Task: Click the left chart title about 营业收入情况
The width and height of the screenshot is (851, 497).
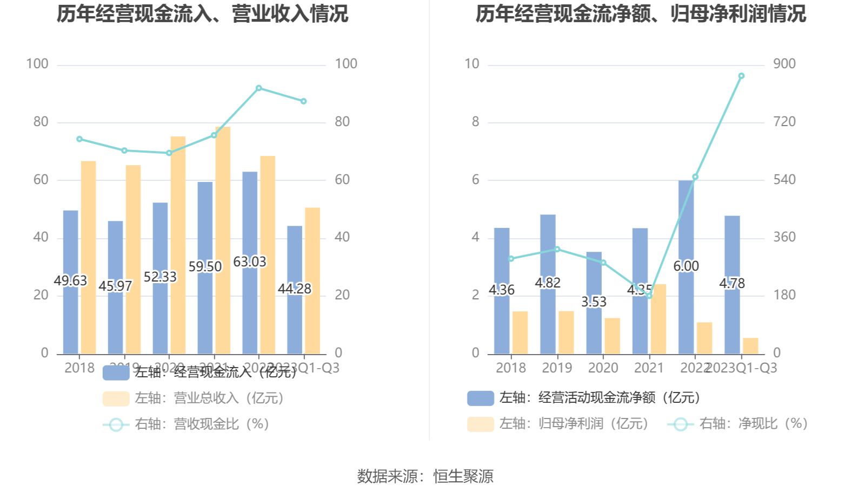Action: pos(202,14)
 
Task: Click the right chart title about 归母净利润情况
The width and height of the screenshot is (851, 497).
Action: pos(641,14)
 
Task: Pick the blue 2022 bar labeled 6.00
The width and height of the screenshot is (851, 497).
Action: pos(686,227)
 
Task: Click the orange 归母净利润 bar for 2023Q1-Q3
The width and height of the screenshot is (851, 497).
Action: pos(750,346)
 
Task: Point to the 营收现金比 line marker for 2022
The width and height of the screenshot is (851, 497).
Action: pos(259,88)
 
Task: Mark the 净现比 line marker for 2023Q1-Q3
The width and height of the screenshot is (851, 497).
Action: pos(741,76)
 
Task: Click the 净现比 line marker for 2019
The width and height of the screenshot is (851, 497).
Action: pos(557,250)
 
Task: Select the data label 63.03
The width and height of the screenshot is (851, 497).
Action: pos(250,262)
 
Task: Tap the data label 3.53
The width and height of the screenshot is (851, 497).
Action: pos(594,302)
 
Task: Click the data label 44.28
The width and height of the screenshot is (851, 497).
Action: pos(295,289)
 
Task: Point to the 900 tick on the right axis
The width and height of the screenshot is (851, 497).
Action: pos(784,64)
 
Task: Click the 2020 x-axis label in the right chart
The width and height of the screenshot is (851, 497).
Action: pos(603,368)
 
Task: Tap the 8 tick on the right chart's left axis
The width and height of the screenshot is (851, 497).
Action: pos(475,122)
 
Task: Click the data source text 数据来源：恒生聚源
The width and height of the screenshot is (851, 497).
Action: pos(425,476)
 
